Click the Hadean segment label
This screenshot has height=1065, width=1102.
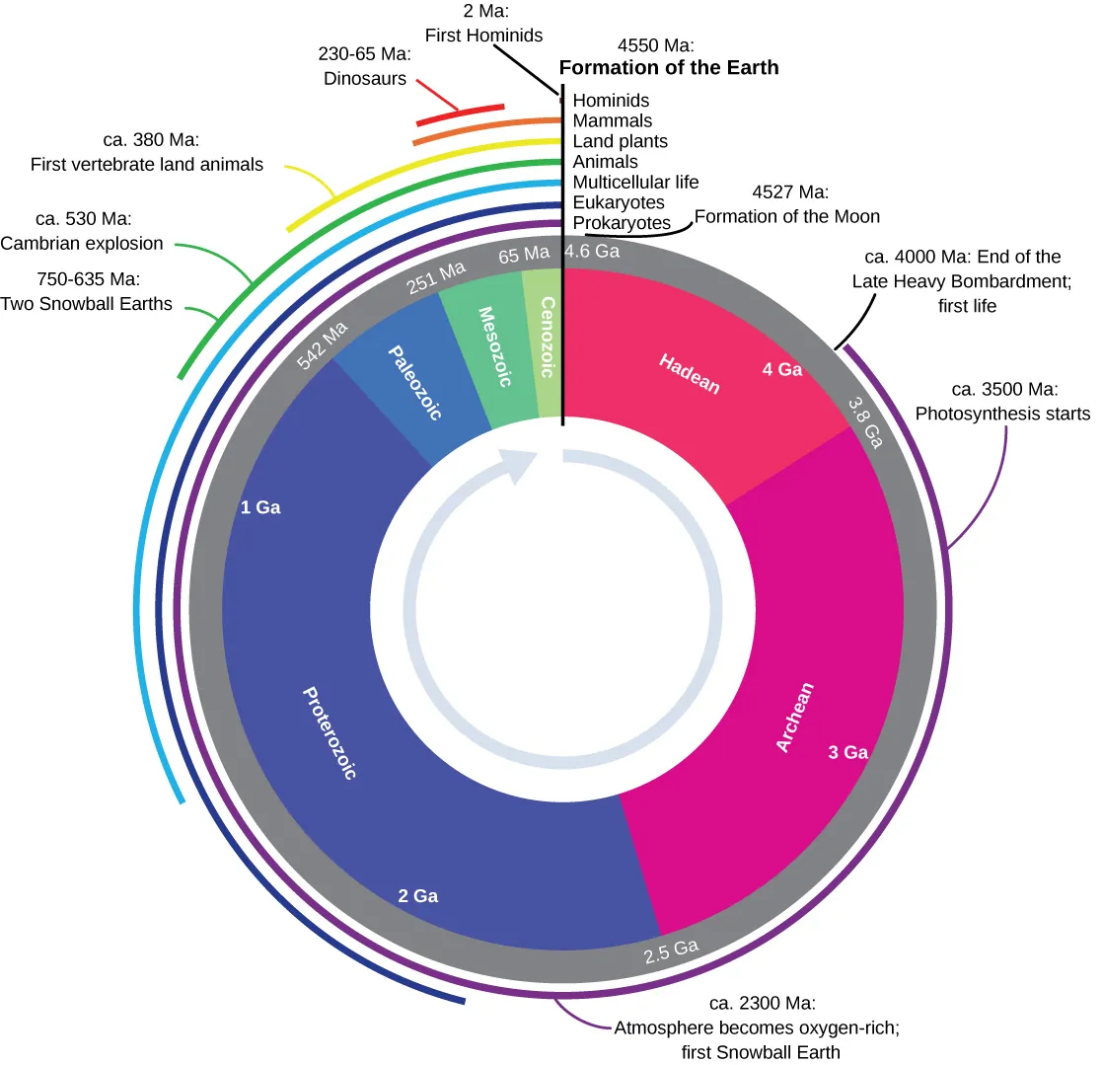click(x=691, y=374)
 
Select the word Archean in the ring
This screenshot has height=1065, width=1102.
click(x=795, y=718)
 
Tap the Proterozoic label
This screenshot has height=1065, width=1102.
click(x=330, y=732)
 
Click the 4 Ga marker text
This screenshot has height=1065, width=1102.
click(x=782, y=370)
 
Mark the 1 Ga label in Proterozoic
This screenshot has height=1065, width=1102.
click(x=260, y=507)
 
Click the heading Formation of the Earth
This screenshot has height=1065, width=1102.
click(x=669, y=68)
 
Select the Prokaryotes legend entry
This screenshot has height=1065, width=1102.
click(x=622, y=223)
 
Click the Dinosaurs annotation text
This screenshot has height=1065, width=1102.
click(x=365, y=78)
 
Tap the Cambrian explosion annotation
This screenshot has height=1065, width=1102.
click(x=82, y=243)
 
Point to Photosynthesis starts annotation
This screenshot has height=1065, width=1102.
click(x=1002, y=414)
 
